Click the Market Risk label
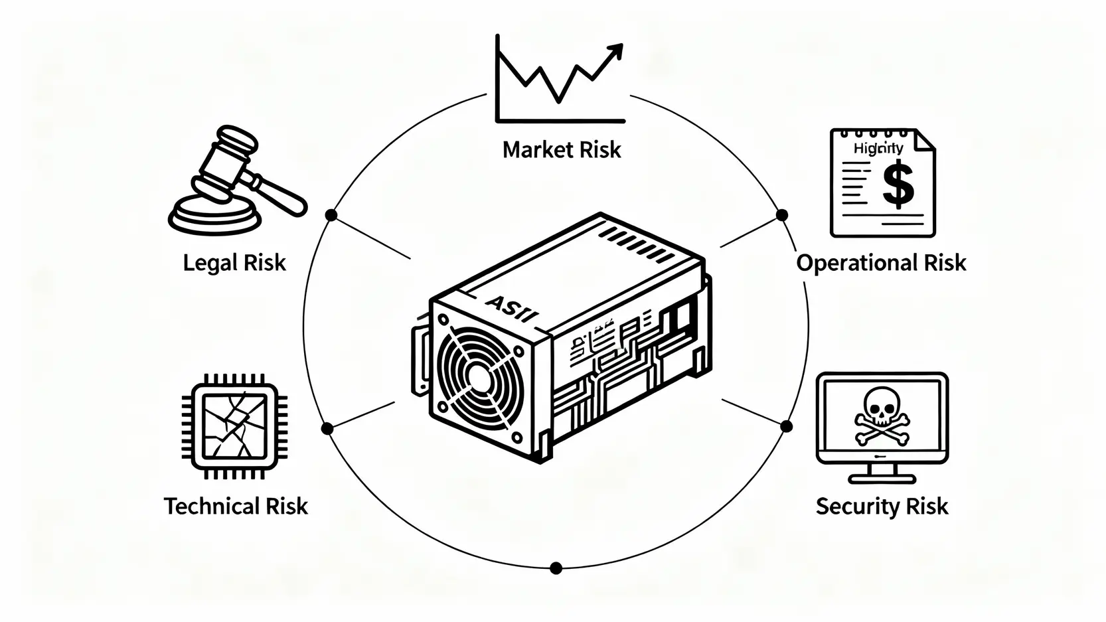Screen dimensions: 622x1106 pyautogui.click(x=562, y=150)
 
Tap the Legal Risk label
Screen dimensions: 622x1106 pyautogui.click(x=234, y=263)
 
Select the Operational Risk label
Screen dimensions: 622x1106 pyautogui.click(x=881, y=263)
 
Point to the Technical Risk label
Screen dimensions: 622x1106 pyautogui.click(x=236, y=506)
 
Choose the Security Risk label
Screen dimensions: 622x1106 pyautogui.click(x=882, y=506)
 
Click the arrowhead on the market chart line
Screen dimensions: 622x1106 pyautogui.click(x=615, y=51)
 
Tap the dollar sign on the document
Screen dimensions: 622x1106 pyautogui.click(x=898, y=187)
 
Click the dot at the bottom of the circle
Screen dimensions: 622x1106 pyautogui.click(x=556, y=568)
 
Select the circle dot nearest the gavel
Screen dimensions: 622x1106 pyautogui.click(x=331, y=215)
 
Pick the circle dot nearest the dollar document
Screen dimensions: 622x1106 pyautogui.click(x=782, y=215)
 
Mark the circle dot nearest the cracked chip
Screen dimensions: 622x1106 pyautogui.click(x=327, y=429)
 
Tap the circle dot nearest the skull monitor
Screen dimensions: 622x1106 pyautogui.click(x=787, y=426)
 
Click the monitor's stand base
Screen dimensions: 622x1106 pyautogui.click(x=882, y=478)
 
